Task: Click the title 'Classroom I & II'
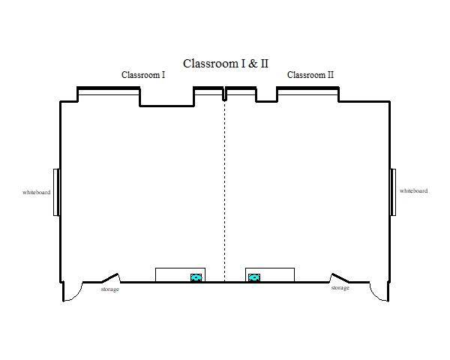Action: click(226, 64)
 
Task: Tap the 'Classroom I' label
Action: click(143, 75)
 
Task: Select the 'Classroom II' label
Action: click(310, 75)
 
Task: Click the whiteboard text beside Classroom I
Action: click(37, 192)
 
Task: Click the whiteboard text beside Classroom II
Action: click(413, 191)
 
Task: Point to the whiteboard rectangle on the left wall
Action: click(56, 192)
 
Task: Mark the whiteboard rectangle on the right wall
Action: click(393, 192)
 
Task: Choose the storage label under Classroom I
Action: click(110, 289)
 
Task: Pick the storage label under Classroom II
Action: click(340, 288)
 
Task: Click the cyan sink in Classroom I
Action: click(196, 277)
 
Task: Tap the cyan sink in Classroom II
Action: click(254, 277)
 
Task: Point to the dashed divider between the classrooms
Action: click(225, 191)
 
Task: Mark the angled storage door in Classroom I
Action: click(110, 277)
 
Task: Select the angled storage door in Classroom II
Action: click(340, 277)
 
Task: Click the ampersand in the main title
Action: click(253, 64)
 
